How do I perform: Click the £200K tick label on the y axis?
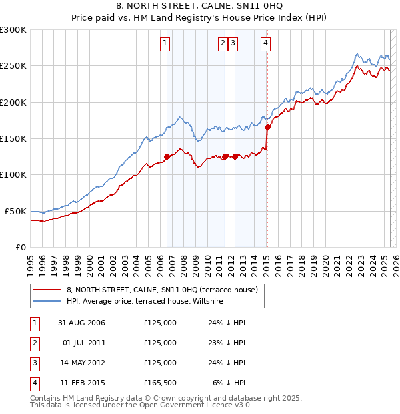[x=13, y=103]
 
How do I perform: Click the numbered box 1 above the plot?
[x=165, y=44]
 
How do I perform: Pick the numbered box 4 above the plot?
[x=265, y=44]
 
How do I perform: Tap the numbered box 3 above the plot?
[x=233, y=44]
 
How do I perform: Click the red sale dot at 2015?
[x=267, y=127]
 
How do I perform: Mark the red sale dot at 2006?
[x=167, y=156]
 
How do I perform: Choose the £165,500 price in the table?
[x=160, y=383]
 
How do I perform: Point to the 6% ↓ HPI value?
[x=229, y=383]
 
